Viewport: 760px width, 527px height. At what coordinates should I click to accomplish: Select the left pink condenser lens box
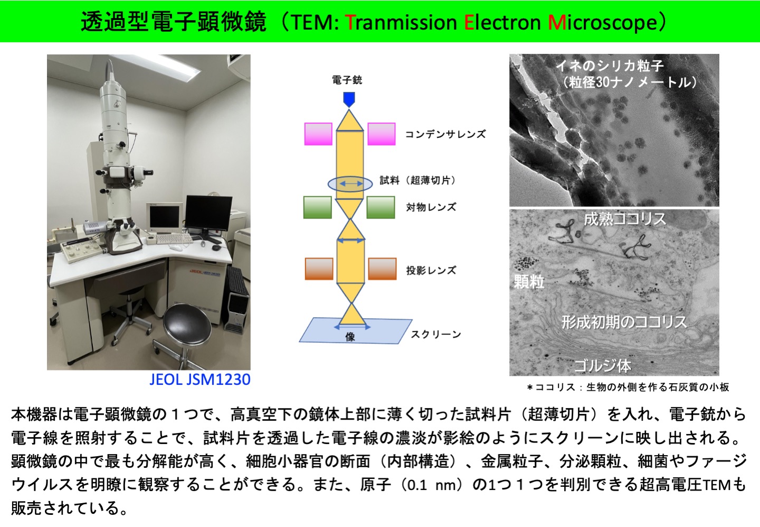(x=318, y=134)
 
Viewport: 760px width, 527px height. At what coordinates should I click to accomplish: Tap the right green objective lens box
(x=381, y=207)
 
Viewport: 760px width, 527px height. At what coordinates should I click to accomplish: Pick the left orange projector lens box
(x=319, y=269)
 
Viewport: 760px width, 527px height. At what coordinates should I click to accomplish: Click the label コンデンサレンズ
(x=445, y=134)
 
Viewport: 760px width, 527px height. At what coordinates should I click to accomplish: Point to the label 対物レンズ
(x=431, y=207)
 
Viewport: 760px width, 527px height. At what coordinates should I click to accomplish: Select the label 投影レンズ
(x=431, y=271)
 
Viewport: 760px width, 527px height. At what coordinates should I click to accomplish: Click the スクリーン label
(x=436, y=335)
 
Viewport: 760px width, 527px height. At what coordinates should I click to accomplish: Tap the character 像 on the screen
(x=350, y=337)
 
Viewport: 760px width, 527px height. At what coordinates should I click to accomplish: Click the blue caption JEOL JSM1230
(x=200, y=380)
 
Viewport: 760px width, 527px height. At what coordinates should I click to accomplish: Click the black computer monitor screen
(x=208, y=212)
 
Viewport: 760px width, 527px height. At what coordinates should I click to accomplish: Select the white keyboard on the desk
(x=174, y=238)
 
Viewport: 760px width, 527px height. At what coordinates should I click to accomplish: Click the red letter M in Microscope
(x=555, y=23)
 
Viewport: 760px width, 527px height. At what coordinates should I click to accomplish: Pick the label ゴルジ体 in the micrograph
(x=603, y=366)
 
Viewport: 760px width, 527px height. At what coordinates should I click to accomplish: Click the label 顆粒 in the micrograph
(x=529, y=282)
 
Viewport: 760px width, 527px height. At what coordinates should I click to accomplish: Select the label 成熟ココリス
(x=625, y=219)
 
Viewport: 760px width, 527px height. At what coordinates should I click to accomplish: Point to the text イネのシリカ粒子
(x=610, y=66)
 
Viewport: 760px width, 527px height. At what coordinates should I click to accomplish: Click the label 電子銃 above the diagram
(x=347, y=80)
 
